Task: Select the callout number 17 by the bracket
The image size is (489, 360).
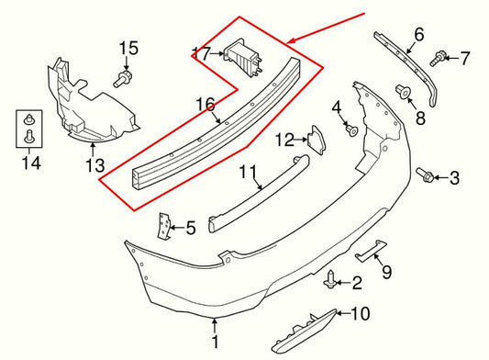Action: click(201, 52)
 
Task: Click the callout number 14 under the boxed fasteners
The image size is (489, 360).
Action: click(25, 165)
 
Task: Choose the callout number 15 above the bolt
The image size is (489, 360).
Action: click(128, 48)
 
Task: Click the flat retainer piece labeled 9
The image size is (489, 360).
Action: click(371, 252)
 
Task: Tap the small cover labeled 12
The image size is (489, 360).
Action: click(315, 139)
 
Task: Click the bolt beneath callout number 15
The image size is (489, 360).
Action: click(124, 77)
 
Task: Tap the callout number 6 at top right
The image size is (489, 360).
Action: click(418, 35)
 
